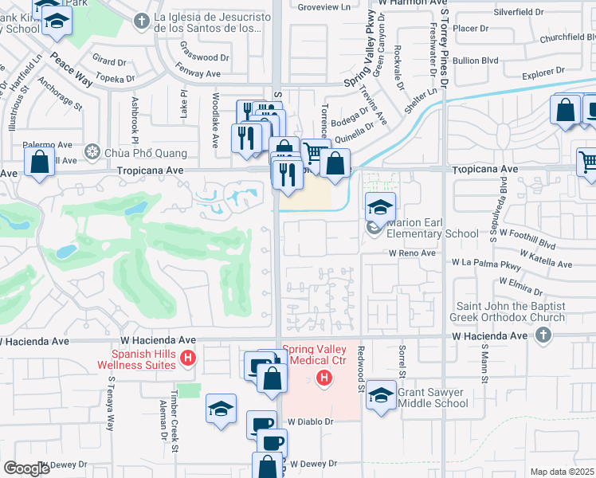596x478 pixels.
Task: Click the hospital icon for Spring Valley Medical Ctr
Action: [323, 376]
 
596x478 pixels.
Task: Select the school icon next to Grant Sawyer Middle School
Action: [382, 396]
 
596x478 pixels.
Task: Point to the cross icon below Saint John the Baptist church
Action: [543, 335]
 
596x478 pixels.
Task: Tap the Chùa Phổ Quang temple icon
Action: [93, 152]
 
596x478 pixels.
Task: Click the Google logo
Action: [27, 468]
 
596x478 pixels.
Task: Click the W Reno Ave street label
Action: [412, 253]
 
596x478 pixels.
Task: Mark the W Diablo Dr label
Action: [309, 421]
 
